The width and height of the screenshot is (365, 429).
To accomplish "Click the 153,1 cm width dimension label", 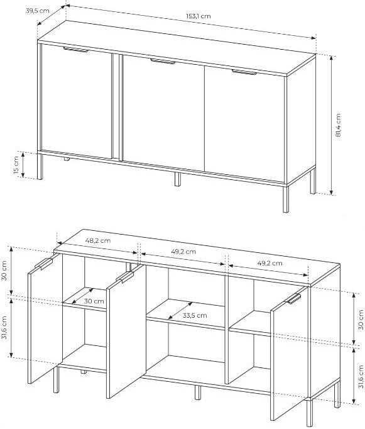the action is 199,16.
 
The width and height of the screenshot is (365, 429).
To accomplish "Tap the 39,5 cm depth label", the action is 38,11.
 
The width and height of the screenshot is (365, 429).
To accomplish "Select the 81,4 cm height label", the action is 339,125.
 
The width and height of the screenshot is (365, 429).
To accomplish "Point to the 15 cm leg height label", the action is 16,165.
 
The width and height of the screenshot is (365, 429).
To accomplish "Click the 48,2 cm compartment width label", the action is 98,241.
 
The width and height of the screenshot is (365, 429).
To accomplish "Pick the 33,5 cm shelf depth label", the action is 195,315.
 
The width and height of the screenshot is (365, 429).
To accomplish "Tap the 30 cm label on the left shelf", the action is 94,301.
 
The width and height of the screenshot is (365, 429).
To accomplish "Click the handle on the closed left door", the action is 75,50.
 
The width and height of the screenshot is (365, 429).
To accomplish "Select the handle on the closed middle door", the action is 163,62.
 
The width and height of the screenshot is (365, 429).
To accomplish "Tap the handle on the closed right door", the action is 244,72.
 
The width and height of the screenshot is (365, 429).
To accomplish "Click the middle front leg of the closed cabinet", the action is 178,179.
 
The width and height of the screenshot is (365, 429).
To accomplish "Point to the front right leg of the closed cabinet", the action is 286,199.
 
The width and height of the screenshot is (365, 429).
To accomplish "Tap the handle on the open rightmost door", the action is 293,299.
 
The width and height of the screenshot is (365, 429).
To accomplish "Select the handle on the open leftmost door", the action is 44,264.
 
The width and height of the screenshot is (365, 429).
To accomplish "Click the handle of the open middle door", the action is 125,277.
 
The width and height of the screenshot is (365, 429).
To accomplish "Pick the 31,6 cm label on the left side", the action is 4,328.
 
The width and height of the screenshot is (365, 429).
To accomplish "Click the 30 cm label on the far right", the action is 361,320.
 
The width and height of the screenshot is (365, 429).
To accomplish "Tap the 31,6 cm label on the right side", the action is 361,377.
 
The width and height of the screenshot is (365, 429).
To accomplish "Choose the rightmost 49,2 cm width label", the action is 270,263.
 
